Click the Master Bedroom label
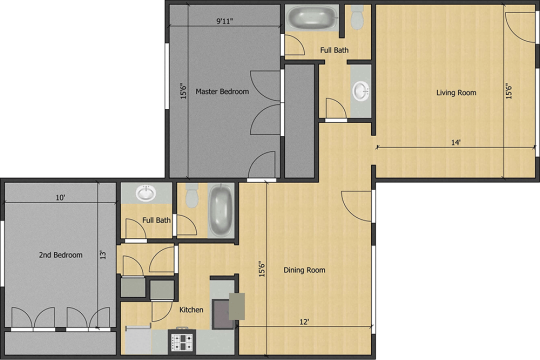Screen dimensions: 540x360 [x=222, y=92]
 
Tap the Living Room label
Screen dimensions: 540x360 [x=456, y=93]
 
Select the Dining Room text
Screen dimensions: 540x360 [x=304, y=270]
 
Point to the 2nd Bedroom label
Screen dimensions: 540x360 [x=61, y=255]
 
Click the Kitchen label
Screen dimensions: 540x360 [x=191, y=310]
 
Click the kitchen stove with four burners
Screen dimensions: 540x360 [x=182, y=342]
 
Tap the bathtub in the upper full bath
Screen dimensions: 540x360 [x=312, y=18]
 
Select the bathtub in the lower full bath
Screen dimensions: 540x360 [x=221, y=210]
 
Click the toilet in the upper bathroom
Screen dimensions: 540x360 [x=357, y=17]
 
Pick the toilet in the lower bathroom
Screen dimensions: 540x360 [x=192, y=196]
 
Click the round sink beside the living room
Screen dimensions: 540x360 [x=361, y=91]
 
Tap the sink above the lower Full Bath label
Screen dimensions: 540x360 [x=146, y=193]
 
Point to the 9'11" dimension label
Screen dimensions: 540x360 [x=225, y=21]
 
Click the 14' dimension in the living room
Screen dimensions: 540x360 [x=456, y=142]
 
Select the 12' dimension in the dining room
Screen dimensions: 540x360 [x=304, y=322]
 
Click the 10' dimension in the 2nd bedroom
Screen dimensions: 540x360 [x=61, y=197]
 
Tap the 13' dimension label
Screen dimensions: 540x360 [x=104, y=254]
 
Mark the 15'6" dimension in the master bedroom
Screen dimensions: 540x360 [x=184, y=91]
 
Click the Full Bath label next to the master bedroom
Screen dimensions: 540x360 [x=334, y=50]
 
